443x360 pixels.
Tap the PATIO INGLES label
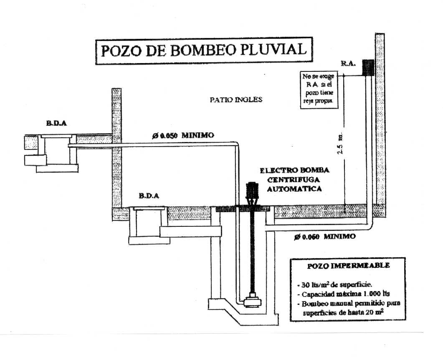click(x=236, y=99)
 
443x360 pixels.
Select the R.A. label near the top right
click(x=348, y=63)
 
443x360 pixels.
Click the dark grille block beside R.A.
click(x=368, y=68)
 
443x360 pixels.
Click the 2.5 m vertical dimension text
click(x=340, y=143)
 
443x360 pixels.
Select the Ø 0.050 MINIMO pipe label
click(x=183, y=135)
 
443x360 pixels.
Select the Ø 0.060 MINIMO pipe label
click(x=324, y=236)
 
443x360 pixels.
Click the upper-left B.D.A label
click(x=56, y=124)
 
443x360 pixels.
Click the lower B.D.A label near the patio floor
click(x=149, y=196)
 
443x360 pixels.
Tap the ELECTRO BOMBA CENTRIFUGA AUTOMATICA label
click(x=294, y=180)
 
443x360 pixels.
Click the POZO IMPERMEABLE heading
click(x=348, y=266)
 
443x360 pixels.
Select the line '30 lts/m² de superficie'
click(x=332, y=284)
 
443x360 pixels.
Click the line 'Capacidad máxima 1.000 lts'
click(x=344, y=294)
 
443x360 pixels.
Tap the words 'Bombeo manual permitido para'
click(x=349, y=304)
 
